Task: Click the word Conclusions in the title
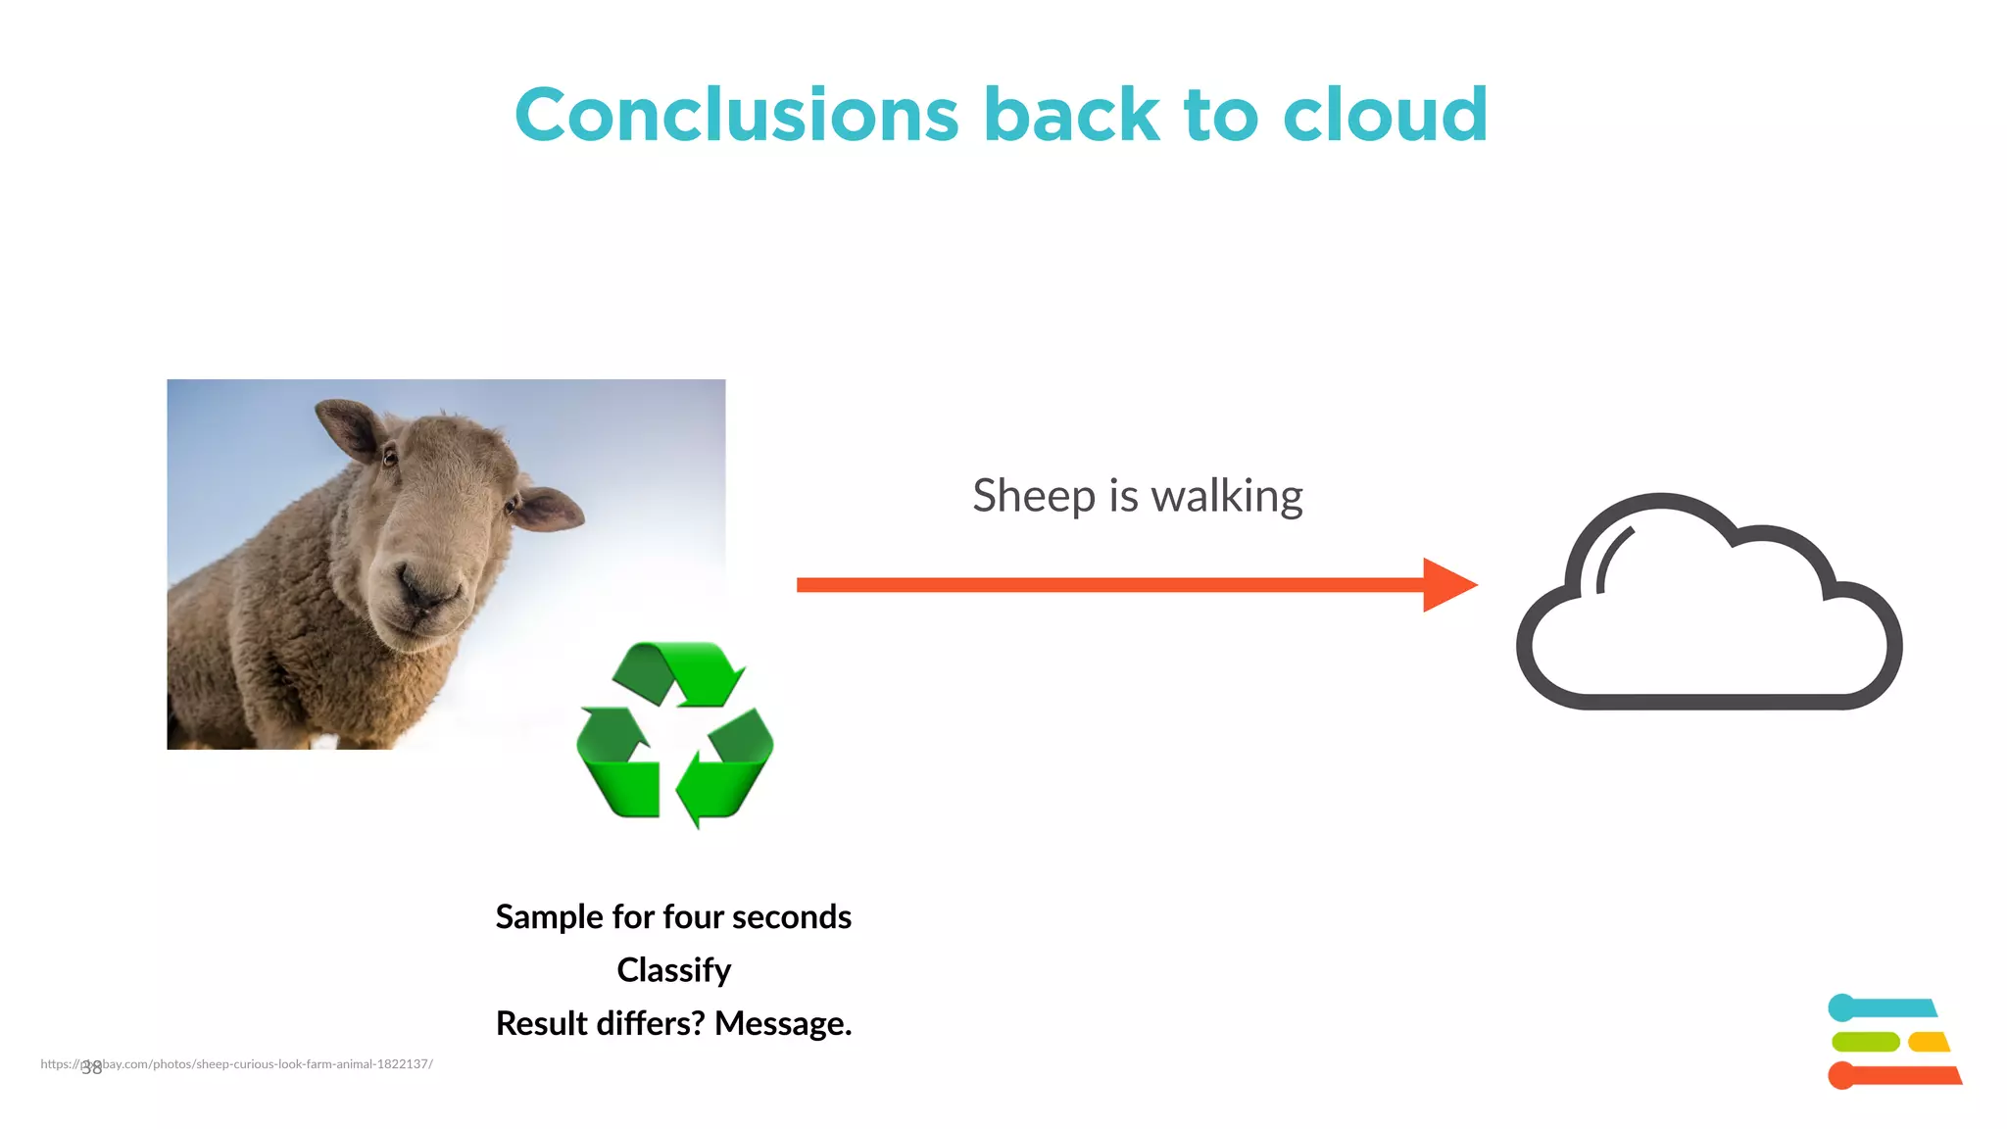point(736,116)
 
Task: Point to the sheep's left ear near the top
point(348,426)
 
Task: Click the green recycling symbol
point(675,733)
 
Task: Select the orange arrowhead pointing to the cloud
point(1448,585)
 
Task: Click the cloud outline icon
point(1709,603)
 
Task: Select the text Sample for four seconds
point(673,916)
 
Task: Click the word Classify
point(673,970)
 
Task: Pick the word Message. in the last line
point(783,1023)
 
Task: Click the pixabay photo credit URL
point(255,1063)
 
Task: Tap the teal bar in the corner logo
point(1886,1007)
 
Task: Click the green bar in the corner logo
point(1865,1042)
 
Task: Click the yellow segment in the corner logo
point(1929,1042)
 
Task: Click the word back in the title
point(1071,116)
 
